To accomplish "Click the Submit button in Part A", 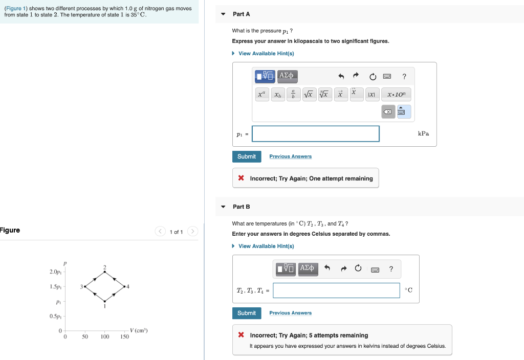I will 247,156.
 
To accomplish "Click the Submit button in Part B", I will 247,313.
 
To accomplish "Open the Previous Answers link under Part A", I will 290,156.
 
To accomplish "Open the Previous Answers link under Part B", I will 290,313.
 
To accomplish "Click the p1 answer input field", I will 316,134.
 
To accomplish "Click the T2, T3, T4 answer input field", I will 336,290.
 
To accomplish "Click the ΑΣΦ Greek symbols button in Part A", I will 287,76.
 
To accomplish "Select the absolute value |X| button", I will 372,95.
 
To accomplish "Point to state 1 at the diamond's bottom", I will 104,301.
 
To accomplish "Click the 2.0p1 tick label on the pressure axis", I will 56,272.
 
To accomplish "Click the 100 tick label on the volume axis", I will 104,337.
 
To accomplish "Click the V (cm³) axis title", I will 139,330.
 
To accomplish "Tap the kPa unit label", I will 423,134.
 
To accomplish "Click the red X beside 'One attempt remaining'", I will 241,178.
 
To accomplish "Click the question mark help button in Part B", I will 391,269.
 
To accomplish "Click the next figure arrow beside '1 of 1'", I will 192,232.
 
